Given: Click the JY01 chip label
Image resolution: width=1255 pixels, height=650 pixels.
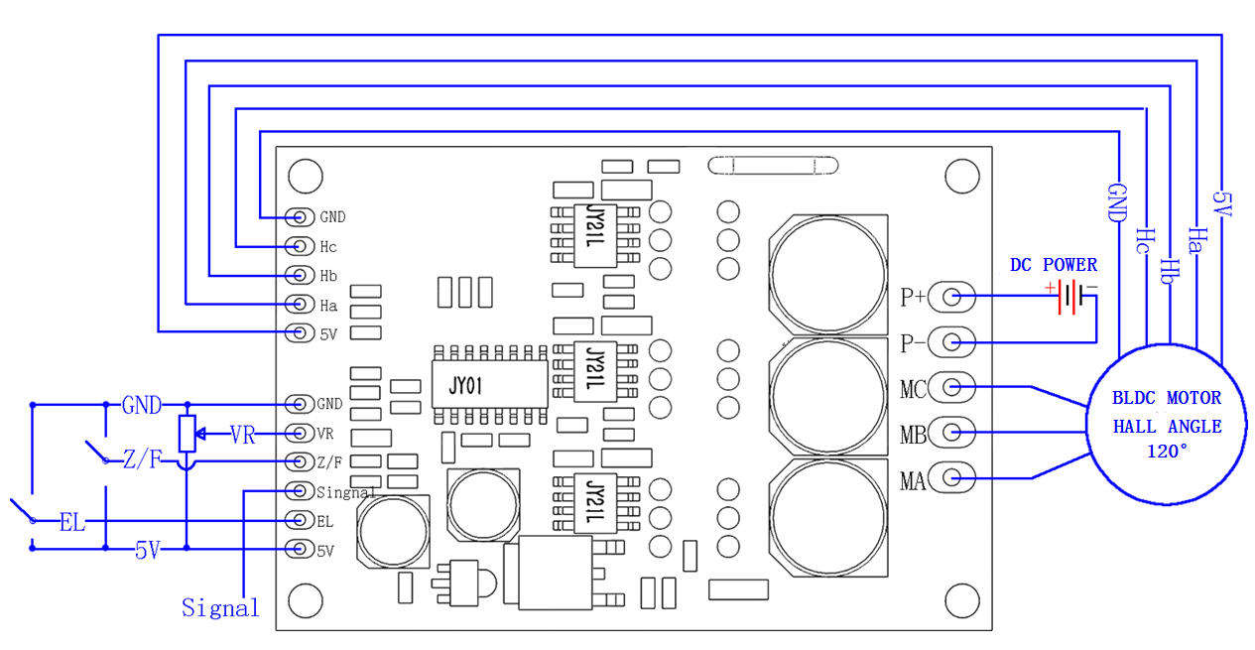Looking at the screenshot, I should point(465,385).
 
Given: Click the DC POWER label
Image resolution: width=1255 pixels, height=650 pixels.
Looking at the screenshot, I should point(1053,265).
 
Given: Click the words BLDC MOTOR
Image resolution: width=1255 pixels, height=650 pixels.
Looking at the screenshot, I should point(1167,398).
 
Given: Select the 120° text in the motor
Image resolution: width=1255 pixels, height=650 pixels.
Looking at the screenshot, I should point(1167,452).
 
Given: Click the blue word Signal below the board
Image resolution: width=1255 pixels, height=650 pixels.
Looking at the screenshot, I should point(220,607).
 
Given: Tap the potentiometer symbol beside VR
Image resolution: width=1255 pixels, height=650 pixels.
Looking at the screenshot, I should point(186,434).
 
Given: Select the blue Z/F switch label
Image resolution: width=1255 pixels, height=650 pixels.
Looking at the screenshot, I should point(141,460).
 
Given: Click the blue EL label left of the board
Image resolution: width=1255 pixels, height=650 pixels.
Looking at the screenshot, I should point(71,521).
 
